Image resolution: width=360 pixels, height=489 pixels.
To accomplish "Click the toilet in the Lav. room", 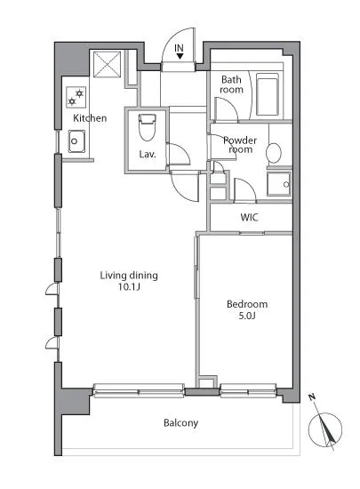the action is click(148, 127).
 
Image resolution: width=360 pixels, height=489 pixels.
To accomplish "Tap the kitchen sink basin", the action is click(76, 141).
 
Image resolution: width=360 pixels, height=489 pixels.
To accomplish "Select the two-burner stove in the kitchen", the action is click(76, 97).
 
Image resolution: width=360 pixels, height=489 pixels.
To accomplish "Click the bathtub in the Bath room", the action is click(268, 94).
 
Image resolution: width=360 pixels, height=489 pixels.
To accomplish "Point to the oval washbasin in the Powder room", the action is click(274, 153).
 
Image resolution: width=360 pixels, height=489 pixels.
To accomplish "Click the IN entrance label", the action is click(179, 48).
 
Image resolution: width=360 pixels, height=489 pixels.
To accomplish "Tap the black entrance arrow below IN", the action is click(180, 56).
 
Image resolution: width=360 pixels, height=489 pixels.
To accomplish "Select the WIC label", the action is click(250, 217).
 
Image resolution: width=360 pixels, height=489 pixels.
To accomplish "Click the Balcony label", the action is click(180, 423).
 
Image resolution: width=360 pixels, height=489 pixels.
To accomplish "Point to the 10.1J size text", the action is click(129, 286).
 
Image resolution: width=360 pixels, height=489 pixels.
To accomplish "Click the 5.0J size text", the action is click(247, 316).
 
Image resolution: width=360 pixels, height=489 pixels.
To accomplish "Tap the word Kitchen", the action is click(90, 118).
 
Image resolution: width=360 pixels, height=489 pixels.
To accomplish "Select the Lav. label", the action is click(148, 154).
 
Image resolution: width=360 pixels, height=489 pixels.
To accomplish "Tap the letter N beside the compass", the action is click(312, 397).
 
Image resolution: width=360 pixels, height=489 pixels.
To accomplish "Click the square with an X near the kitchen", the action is click(107, 64).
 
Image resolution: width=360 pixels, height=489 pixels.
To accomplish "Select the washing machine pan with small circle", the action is click(279, 184).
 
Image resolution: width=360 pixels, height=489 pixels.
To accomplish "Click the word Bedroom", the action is click(247, 304).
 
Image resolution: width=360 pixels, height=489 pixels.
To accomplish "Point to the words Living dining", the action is click(129, 276).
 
